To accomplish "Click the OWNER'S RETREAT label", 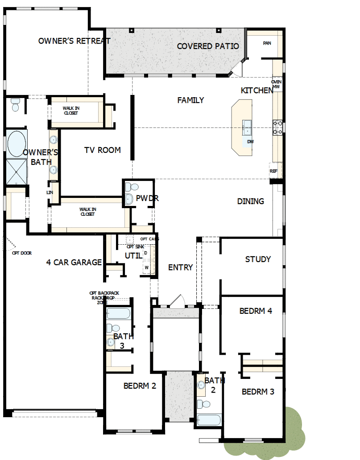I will pos(74,41).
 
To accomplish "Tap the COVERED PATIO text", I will pos(208,46).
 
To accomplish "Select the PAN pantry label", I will pos(267,43).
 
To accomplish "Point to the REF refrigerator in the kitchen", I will pos(273,171).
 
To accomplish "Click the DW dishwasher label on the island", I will pos(250,142).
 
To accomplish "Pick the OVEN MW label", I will pos(276,84).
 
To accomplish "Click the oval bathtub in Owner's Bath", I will pos(17,144).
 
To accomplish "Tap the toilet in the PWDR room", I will pos(128,186).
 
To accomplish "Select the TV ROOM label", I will pos(102,150).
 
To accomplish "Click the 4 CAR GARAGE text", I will pos(74,263).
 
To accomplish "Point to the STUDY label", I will pos(258,259).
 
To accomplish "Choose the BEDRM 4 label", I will pos(256,311).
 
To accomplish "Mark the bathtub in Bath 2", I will pos(209,420).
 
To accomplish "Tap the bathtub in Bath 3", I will pos(118,313).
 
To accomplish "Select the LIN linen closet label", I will pos(50,193).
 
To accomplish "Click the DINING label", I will pos(250,201).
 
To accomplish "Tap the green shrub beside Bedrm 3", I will pos(294,428).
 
